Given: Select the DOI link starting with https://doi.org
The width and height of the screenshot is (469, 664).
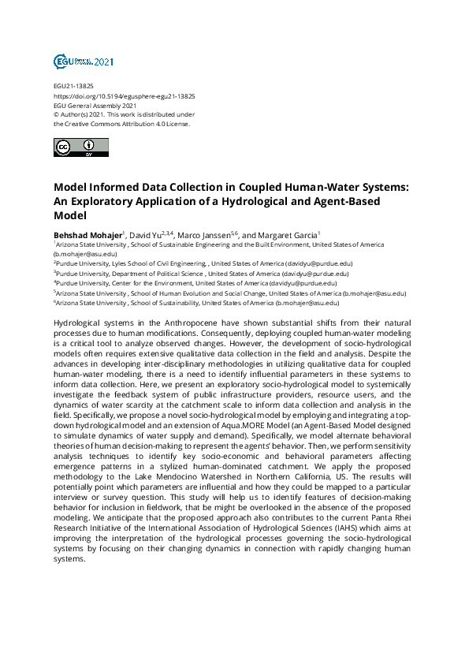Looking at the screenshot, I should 124,95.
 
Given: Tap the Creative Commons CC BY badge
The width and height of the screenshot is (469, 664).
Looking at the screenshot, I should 76,147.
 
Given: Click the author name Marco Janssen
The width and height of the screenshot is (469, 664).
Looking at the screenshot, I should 204,235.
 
